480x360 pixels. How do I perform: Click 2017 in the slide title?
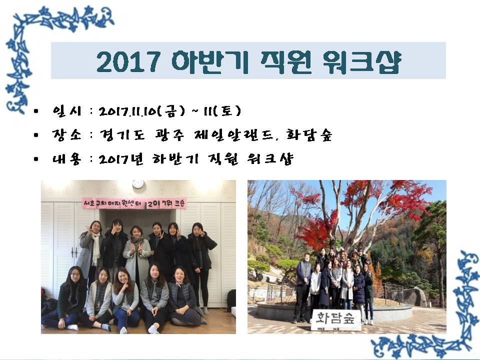tap(129, 61)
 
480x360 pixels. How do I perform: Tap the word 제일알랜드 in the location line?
tap(222, 135)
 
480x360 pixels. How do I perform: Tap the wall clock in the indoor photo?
tap(138, 184)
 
